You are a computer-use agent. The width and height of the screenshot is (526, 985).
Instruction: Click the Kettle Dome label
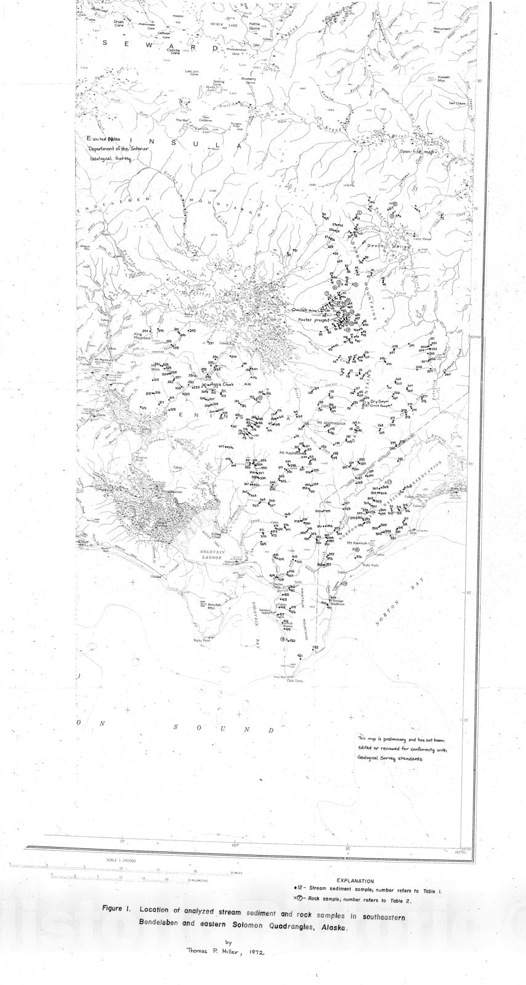coord(254,26)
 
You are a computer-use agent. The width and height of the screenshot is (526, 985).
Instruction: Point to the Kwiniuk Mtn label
coord(443,78)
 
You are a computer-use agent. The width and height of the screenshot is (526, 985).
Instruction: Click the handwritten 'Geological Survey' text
coord(110,158)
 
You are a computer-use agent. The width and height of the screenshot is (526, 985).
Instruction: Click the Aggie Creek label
coord(221,383)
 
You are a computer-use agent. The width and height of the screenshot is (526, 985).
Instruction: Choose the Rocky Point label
coord(201,640)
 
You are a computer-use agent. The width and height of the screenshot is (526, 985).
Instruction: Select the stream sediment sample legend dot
coord(295,890)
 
